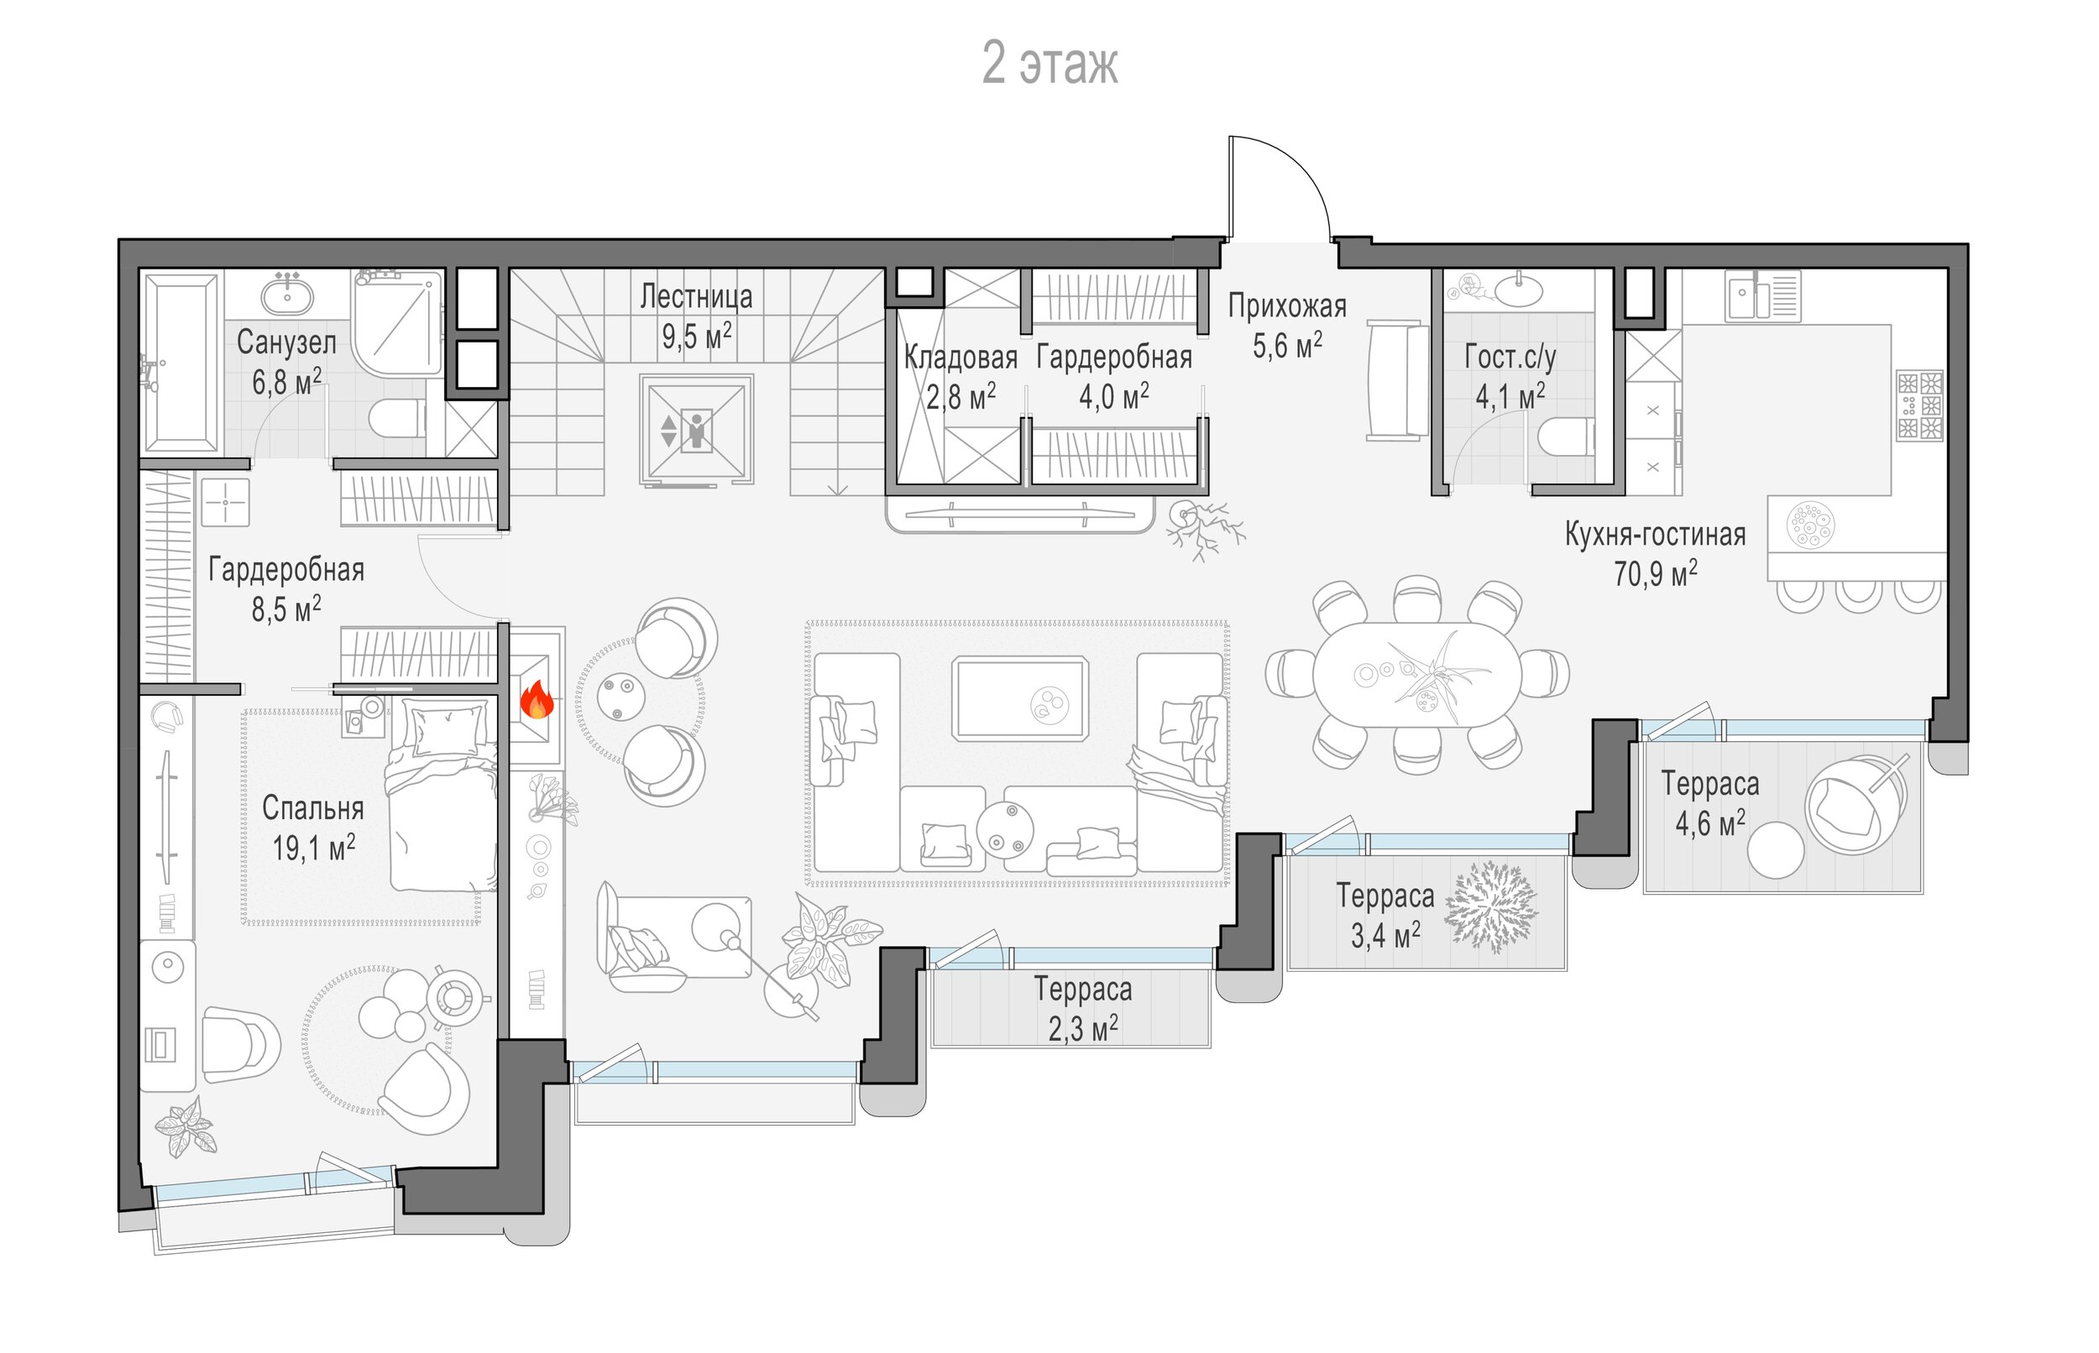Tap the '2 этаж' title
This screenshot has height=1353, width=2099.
[1050, 63]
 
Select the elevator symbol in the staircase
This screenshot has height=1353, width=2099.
[696, 430]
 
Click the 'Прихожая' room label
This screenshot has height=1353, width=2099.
[1287, 306]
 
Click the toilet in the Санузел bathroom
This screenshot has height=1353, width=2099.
[397, 418]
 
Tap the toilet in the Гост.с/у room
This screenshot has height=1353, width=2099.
[1567, 436]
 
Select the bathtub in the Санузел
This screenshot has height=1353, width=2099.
[181, 363]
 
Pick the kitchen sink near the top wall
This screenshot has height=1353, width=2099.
[1762, 295]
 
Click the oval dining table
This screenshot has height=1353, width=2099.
[1417, 675]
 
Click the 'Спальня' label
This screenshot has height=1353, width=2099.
[313, 808]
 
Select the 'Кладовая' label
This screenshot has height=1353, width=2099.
[961, 358]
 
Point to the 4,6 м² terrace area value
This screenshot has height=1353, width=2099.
[1709, 823]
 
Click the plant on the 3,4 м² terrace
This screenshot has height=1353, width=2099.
[1491, 907]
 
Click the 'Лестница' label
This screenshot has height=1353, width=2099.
[696, 297]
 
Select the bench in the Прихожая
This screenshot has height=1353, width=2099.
[1397, 380]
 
